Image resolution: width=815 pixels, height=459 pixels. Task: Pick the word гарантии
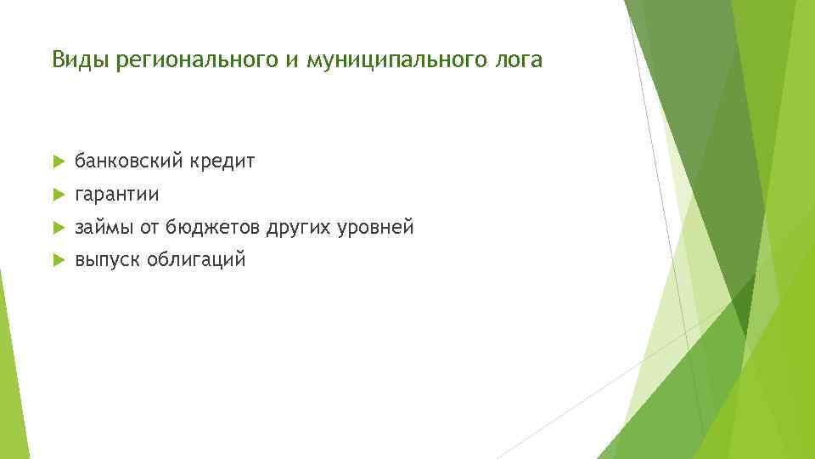116,195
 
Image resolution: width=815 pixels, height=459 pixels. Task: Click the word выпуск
107,260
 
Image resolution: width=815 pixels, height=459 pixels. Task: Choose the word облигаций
196,260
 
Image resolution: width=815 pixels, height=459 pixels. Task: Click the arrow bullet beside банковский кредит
57,161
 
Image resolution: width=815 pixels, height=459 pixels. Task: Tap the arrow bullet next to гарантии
57,195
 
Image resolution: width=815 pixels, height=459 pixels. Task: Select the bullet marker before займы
57,228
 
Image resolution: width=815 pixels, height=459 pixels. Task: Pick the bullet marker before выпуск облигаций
57,260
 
